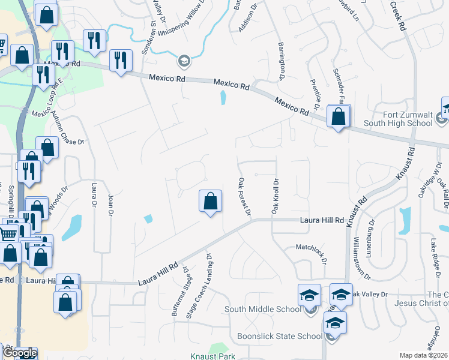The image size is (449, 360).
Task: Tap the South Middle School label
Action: point(262,310)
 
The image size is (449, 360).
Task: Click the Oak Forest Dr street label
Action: point(243,197)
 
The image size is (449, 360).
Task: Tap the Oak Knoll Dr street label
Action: point(276,196)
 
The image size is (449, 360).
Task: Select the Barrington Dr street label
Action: point(281,61)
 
